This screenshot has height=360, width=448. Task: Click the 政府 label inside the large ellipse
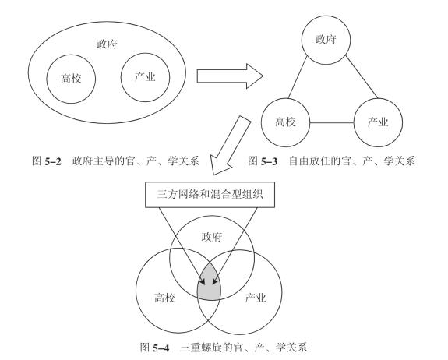(x=108, y=44)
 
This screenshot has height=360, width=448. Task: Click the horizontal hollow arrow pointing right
(x=230, y=76)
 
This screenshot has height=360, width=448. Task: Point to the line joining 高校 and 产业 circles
(x=332, y=123)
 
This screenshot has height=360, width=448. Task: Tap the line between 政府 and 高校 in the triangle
(x=298, y=77)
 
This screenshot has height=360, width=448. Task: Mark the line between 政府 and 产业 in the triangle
(x=362, y=77)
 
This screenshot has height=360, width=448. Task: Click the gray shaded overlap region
(x=209, y=283)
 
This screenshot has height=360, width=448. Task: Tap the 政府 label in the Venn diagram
(x=212, y=237)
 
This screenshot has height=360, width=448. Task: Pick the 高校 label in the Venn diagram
(x=165, y=298)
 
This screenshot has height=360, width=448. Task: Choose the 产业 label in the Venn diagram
(x=256, y=298)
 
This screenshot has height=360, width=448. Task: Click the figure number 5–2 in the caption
(x=53, y=162)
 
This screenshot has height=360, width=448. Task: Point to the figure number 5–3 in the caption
(x=269, y=162)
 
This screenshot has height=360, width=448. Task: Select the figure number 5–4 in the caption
(x=161, y=348)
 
